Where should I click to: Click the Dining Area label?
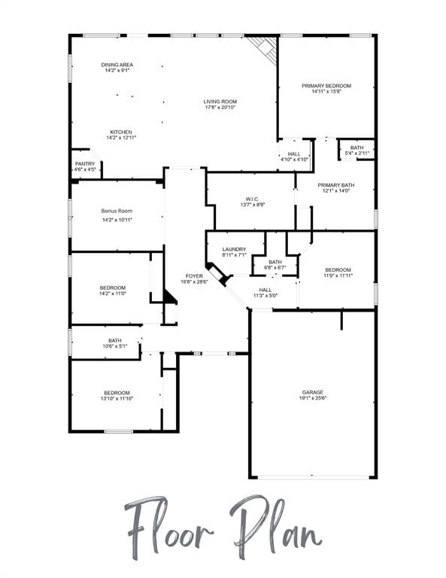(x=117, y=65)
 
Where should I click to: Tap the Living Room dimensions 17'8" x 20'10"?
(x=220, y=108)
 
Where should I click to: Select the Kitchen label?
(x=121, y=132)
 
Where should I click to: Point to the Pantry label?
(x=85, y=163)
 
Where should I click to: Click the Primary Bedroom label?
(x=326, y=86)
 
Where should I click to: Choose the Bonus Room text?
(x=117, y=211)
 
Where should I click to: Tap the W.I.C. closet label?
(x=253, y=199)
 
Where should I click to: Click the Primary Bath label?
(x=336, y=185)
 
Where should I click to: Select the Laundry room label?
(x=234, y=249)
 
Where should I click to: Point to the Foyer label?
(x=194, y=275)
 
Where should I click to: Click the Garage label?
(x=313, y=392)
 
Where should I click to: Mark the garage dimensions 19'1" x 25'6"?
(x=313, y=397)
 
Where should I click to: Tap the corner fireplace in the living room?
(x=265, y=49)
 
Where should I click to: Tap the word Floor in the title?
(x=169, y=527)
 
